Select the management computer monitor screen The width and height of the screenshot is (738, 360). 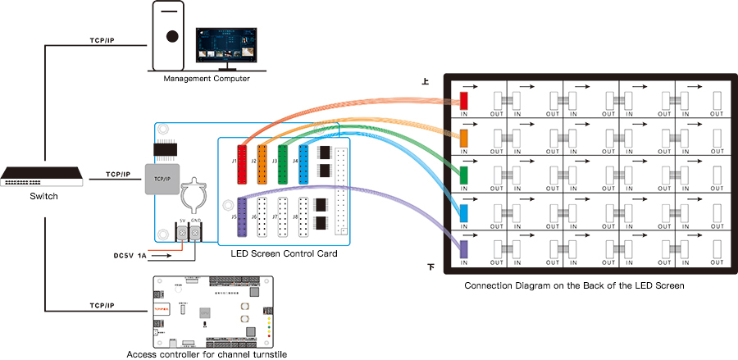tap(225, 46)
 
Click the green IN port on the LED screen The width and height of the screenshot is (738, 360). tap(463, 175)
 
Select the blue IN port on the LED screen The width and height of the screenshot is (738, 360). tap(463, 212)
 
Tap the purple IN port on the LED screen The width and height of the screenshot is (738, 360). tap(463, 248)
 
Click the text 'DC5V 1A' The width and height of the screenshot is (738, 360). tap(130, 255)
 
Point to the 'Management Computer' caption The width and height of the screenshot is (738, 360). tap(207, 78)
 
